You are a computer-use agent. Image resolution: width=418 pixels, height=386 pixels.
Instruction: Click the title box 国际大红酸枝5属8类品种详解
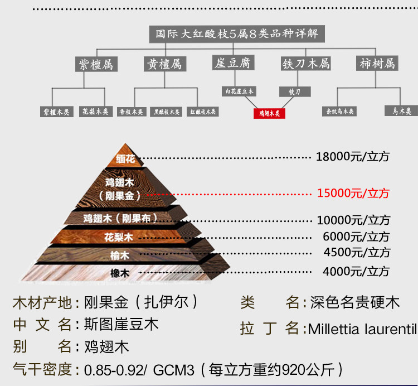237,33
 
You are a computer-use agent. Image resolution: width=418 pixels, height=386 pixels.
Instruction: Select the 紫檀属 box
95,64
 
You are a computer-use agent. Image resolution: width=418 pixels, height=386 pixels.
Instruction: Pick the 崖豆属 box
233,63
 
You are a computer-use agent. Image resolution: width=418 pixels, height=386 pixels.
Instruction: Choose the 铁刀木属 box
305,64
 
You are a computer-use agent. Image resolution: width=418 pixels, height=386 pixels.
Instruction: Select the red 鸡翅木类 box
269,114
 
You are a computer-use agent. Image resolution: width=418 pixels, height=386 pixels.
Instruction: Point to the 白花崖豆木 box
239,91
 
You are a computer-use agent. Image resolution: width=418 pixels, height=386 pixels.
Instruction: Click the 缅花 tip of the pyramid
125,159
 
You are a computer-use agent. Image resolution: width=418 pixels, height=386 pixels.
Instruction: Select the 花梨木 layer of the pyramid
119,237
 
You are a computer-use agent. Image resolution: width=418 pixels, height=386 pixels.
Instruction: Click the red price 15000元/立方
353,194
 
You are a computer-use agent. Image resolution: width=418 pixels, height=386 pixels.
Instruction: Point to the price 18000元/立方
353,157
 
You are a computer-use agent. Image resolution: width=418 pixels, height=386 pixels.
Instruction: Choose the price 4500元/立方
357,252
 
